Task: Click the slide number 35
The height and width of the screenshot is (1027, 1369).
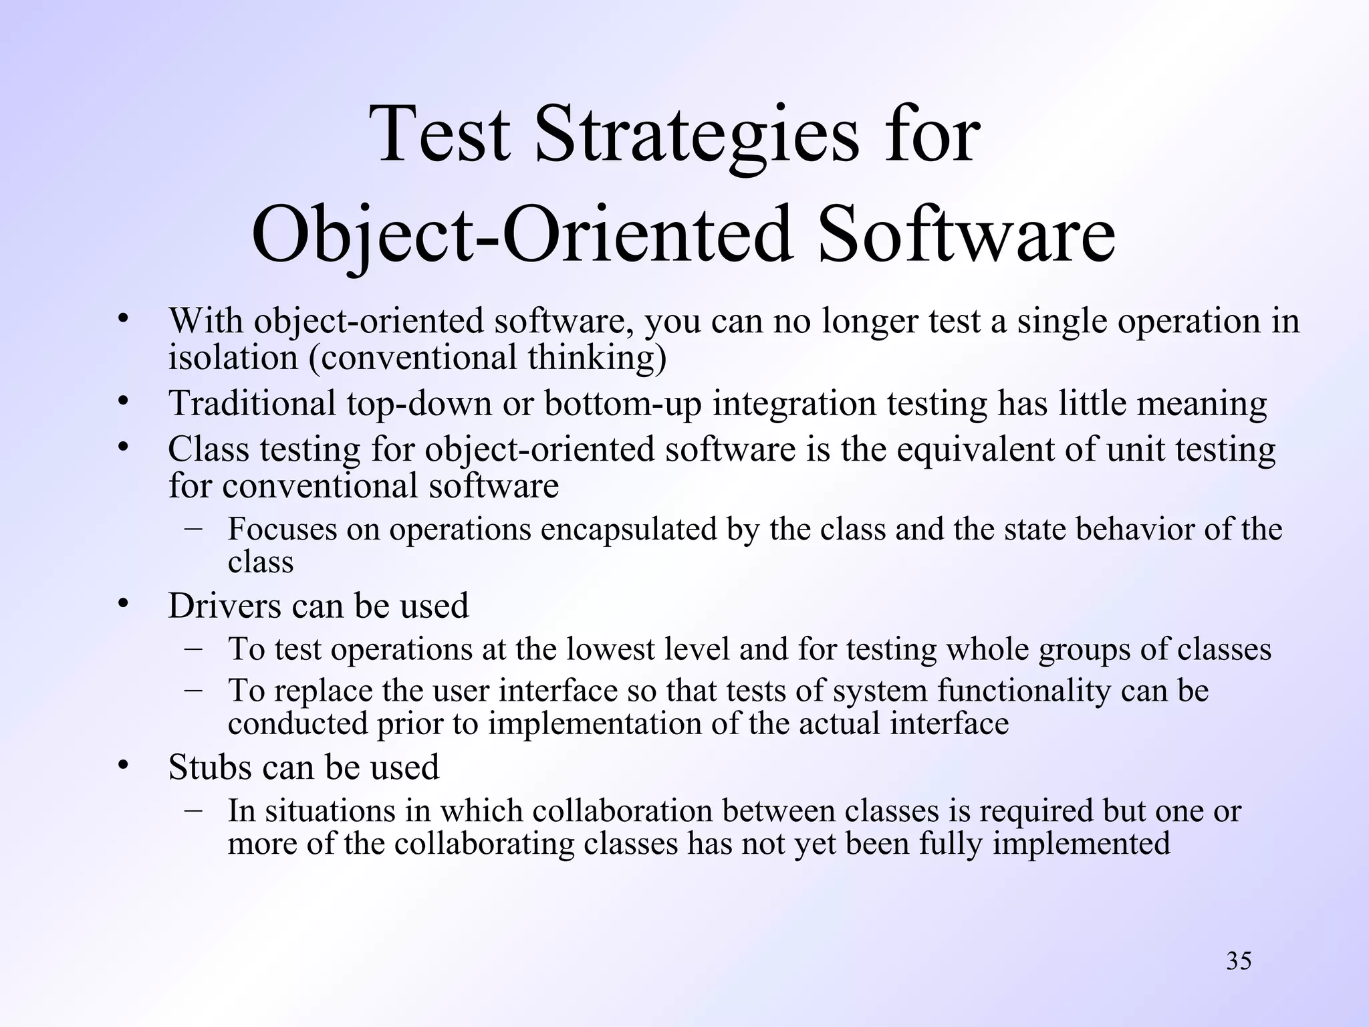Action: click(1239, 961)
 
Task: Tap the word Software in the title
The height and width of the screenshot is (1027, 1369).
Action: click(967, 234)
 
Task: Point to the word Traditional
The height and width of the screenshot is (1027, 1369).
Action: click(251, 403)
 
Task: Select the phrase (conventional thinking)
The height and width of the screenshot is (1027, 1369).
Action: click(487, 357)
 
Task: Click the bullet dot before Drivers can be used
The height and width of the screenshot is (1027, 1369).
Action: click(122, 604)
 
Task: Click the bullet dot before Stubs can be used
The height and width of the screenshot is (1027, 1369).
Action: click(122, 765)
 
